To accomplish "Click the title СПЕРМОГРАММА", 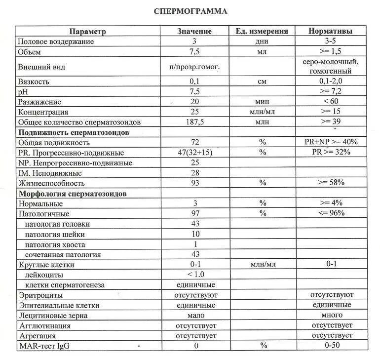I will pyautogui.click(x=190, y=11).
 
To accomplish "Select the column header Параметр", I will pyautogui.click(x=87, y=31).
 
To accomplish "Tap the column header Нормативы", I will pyautogui.click(x=330, y=31).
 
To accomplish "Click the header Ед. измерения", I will pyautogui.click(x=262, y=31).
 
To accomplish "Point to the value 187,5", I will pyautogui.click(x=195, y=122).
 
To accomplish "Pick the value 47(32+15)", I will pyautogui.click(x=195, y=153).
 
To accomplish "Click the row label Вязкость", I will pyautogui.click(x=34, y=81).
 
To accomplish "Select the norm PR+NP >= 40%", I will pyautogui.click(x=331, y=142).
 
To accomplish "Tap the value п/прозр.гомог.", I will pyautogui.click(x=195, y=67).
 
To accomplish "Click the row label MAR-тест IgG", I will pyautogui.click(x=43, y=346).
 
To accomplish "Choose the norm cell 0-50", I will pyautogui.click(x=331, y=346).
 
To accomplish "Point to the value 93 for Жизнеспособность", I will pyautogui.click(x=195, y=183).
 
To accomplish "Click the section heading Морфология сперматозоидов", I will pyautogui.click(x=73, y=194).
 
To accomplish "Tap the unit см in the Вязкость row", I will pyautogui.click(x=262, y=81).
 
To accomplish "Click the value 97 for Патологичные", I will pyautogui.click(x=195, y=214).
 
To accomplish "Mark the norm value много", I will pyautogui.click(x=331, y=315).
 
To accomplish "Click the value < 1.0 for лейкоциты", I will pyautogui.click(x=195, y=275).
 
